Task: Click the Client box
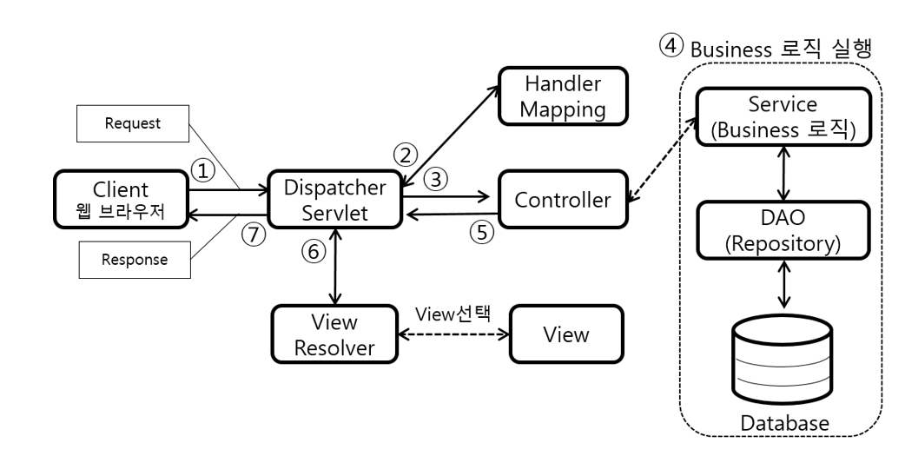tap(122, 199)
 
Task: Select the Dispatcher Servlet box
tap(334, 199)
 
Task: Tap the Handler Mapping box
tap(564, 96)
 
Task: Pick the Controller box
tap(564, 199)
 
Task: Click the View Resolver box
tap(334, 334)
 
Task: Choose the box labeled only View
tap(566, 334)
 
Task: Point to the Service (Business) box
tap(783, 116)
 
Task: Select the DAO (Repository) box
tap(783, 230)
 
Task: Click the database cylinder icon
tap(783, 360)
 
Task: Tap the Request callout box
tap(133, 123)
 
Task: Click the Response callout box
tap(135, 260)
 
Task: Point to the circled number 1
tap(202, 170)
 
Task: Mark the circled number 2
tap(406, 155)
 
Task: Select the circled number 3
tap(436, 179)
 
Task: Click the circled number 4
tap(670, 45)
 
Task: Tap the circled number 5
tap(482, 232)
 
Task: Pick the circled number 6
tap(314, 251)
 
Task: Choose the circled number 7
tap(254, 235)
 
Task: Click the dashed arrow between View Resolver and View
tap(453, 334)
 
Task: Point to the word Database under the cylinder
tap(784, 423)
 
